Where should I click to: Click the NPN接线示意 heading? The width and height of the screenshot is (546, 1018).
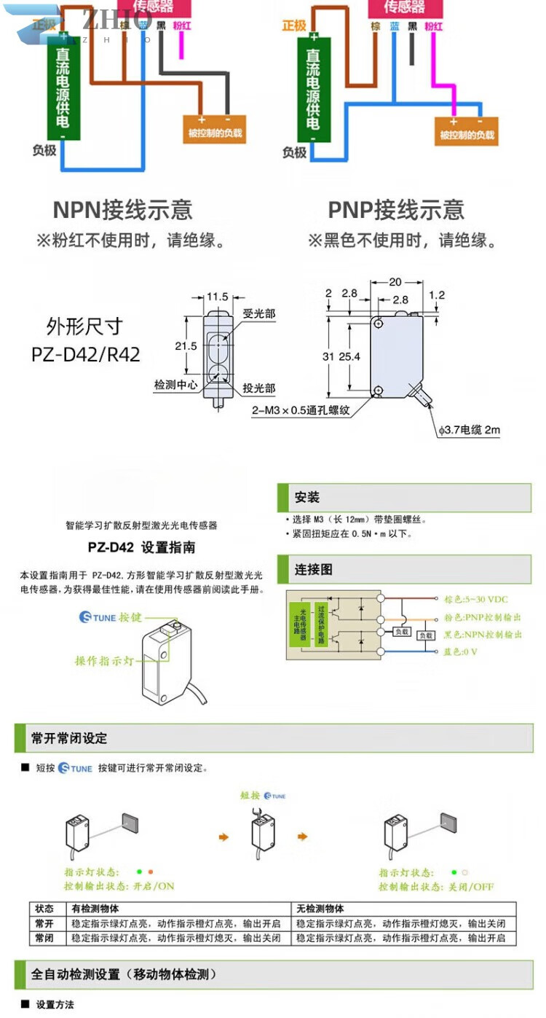click(x=122, y=210)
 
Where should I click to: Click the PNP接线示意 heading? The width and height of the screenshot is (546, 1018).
click(x=396, y=210)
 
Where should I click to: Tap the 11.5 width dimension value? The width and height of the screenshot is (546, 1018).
click(x=218, y=297)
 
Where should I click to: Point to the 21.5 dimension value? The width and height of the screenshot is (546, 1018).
click(x=186, y=346)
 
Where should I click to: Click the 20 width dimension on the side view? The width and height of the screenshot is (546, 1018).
click(x=395, y=282)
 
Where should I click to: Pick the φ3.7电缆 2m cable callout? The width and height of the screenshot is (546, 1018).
click(x=470, y=430)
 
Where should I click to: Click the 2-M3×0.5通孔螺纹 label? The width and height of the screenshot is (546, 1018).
click(x=301, y=410)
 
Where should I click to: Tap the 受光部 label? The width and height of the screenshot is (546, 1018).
click(x=259, y=314)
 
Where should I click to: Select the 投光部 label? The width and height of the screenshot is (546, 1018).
click(x=259, y=388)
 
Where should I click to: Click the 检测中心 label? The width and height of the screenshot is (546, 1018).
click(x=175, y=385)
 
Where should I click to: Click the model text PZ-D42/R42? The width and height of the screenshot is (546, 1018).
click(x=86, y=354)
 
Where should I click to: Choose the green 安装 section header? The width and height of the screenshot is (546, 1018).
click(x=307, y=498)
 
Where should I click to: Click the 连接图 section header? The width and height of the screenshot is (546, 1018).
click(x=313, y=569)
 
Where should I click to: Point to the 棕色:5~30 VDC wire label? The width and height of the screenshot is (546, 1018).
click(x=475, y=599)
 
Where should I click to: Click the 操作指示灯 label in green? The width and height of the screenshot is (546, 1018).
click(x=105, y=661)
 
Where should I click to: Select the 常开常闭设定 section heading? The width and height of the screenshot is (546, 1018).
click(x=69, y=738)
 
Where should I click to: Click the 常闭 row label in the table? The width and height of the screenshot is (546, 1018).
click(x=44, y=938)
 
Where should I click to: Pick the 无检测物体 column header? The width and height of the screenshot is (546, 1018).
click(x=320, y=909)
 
